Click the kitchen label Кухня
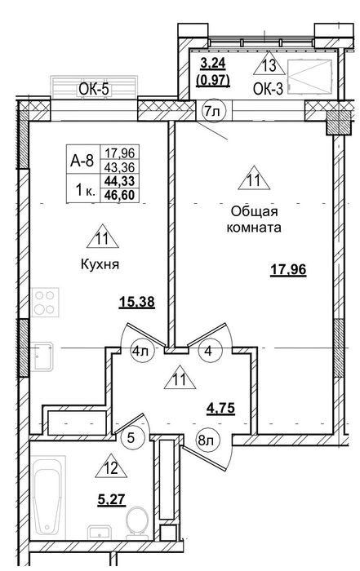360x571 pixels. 100,264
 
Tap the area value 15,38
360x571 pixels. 137,302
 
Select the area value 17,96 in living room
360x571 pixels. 288,270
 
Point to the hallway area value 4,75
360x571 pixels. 220,408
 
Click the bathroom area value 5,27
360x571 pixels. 112,499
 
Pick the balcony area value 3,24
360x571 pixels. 213,63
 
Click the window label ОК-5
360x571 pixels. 95,89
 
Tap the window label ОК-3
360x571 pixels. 268,90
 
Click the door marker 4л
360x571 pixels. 140,352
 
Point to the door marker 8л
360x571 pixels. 206,441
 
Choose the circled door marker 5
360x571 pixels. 131,437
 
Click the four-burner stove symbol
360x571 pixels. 45,303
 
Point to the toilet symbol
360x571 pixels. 136,522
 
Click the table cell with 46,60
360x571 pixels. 119,195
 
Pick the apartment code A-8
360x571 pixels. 82,160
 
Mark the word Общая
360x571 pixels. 255,211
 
